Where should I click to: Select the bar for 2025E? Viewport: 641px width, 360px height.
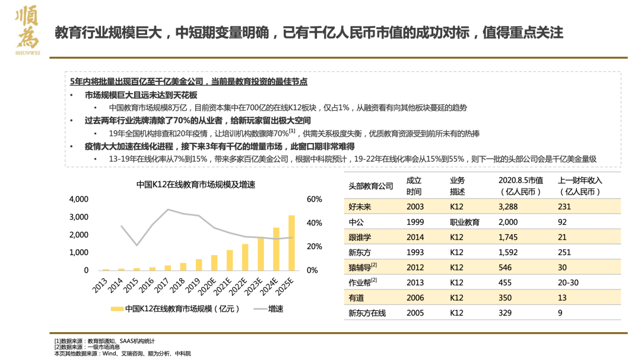(291, 243)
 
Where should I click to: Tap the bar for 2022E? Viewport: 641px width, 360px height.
(245, 257)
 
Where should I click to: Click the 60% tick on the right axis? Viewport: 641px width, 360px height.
(314, 199)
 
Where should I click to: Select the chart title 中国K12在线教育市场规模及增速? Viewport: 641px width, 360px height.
(196, 185)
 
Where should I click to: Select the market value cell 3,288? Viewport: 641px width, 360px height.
(508, 207)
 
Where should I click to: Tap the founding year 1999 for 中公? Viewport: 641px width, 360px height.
(415, 222)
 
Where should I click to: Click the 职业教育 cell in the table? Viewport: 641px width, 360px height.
(465, 222)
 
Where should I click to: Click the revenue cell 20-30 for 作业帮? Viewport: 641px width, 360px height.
(568, 282)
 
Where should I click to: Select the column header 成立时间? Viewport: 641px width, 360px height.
(414, 186)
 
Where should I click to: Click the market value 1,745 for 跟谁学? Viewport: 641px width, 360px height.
(508, 237)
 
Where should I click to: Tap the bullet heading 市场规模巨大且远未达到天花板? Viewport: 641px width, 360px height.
(141, 95)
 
